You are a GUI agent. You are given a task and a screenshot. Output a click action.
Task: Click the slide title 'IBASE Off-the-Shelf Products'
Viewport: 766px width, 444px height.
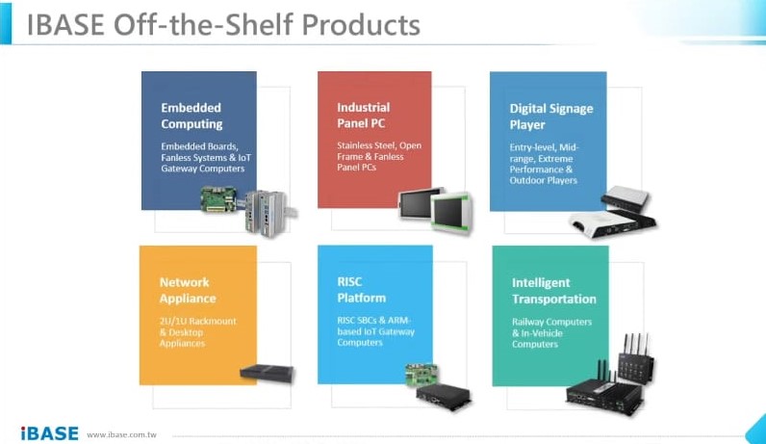[223, 24]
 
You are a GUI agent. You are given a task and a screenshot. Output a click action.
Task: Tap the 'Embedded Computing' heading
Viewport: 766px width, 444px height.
[191, 116]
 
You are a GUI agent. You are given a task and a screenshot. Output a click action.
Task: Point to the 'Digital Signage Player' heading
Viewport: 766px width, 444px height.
[552, 117]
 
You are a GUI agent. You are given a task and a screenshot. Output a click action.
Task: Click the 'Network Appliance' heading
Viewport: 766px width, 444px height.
[184, 290]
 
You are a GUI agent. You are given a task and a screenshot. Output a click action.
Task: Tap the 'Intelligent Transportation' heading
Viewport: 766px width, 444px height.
[553, 291]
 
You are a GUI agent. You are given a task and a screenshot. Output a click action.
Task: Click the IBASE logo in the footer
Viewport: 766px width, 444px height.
[49, 432]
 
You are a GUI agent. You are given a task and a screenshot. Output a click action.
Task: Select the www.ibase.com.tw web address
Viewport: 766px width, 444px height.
[121, 434]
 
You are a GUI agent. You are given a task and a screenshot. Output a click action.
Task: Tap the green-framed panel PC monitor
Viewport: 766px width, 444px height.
[450, 212]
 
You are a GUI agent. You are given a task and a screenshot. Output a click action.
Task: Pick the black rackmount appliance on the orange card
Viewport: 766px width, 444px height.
[266, 372]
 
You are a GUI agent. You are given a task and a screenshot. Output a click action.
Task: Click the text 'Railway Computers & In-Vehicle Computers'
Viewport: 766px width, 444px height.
[550, 332]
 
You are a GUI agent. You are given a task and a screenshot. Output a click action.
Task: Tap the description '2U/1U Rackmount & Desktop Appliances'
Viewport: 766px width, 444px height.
[197, 331]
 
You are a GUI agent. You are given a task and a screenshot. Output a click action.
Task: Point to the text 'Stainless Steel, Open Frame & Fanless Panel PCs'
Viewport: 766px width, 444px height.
[378, 156]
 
